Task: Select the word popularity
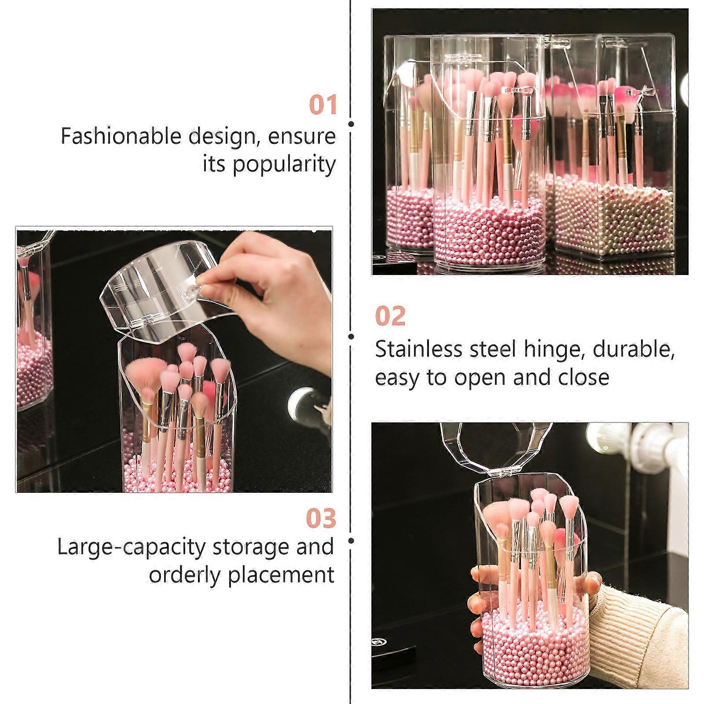point(284,165)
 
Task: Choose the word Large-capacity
point(132,548)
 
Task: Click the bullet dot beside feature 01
point(351,124)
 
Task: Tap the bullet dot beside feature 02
point(351,337)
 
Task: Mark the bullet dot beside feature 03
point(351,540)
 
